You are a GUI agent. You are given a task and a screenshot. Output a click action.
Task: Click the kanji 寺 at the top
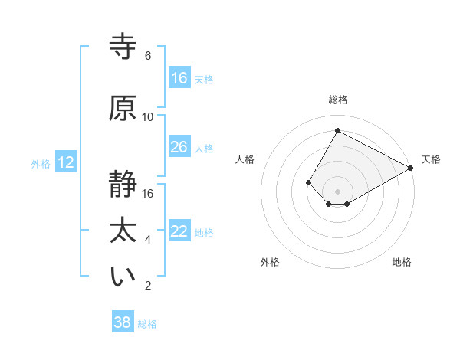click(x=123, y=47)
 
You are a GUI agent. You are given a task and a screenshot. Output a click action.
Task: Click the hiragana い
click(x=123, y=278)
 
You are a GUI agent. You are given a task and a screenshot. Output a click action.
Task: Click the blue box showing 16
click(x=179, y=78)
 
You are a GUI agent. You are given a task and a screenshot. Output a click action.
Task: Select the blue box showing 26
click(x=179, y=147)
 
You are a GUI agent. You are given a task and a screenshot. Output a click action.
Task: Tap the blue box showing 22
click(x=179, y=231)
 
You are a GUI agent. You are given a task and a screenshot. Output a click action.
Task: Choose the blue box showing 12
click(x=66, y=162)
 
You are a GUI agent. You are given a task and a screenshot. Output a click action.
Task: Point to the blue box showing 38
click(x=123, y=322)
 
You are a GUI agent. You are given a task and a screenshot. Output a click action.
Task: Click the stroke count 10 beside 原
click(x=148, y=117)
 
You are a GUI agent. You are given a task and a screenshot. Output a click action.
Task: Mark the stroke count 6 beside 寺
click(x=148, y=56)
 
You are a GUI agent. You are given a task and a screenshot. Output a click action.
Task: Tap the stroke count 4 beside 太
click(x=148, y=240)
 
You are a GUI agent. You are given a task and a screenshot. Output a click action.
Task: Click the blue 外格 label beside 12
click(x=41, y=163)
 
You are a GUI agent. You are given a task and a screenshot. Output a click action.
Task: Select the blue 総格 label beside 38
click(x=147, y=324)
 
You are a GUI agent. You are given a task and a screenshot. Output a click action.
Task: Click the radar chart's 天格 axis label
click(x=431, y=159)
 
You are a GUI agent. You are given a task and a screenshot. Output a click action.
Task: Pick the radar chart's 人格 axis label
click(x=245, y=159)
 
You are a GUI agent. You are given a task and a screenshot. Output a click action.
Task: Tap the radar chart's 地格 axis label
click(x=402, y=262)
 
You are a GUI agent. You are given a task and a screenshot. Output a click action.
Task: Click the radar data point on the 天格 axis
click(x=411, y=168)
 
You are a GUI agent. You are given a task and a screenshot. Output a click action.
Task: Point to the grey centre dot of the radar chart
click(x=337, y=191)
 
